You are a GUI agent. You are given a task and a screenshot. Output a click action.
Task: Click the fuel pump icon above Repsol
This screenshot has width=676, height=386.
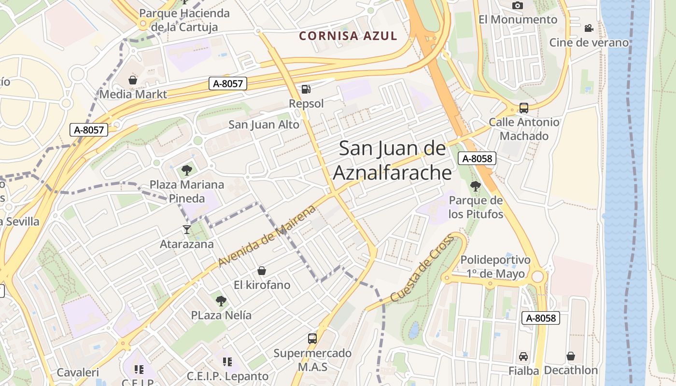(306, 89)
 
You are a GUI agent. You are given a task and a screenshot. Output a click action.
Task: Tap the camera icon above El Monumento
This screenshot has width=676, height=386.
(518, 5)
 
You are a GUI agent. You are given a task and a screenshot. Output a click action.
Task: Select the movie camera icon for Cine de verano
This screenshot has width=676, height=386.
(589, 28)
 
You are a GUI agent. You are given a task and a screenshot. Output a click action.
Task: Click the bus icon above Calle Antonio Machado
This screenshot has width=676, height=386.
(524, 108)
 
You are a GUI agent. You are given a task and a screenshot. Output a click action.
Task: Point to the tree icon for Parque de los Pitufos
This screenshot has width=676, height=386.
(476, 186)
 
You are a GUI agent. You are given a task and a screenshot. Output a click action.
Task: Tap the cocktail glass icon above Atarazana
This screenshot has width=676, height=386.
(187, 229)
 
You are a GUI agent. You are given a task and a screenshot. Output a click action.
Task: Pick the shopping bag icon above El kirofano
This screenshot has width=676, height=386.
(262, 271)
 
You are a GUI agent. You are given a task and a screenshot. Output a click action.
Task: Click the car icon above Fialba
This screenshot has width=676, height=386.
(523, 357)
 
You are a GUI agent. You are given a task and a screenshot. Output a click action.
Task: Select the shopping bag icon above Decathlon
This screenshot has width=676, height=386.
(571, 356)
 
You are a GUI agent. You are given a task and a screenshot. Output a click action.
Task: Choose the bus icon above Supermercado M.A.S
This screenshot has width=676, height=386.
(312, 339)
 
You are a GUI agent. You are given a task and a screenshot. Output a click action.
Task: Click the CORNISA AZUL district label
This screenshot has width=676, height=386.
(348, 36)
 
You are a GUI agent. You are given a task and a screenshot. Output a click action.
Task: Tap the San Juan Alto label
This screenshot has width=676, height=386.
(264, 124)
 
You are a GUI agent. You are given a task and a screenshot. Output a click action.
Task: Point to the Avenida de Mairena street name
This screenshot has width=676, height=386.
(267, 235)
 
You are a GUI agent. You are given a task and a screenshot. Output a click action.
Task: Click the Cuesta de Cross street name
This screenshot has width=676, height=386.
(422, 268)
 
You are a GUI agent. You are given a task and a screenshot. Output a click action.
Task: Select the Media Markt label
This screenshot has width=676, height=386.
(133, 94)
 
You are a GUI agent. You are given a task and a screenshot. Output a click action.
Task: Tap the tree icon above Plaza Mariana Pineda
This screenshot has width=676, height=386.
(187, 170)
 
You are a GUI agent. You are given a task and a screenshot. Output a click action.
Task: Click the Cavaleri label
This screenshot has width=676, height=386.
(78, 372)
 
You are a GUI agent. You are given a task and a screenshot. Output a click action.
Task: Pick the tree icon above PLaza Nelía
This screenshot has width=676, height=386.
(221, 301)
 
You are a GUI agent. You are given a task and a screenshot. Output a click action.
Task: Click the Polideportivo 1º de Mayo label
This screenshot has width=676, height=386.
(495, 267)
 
